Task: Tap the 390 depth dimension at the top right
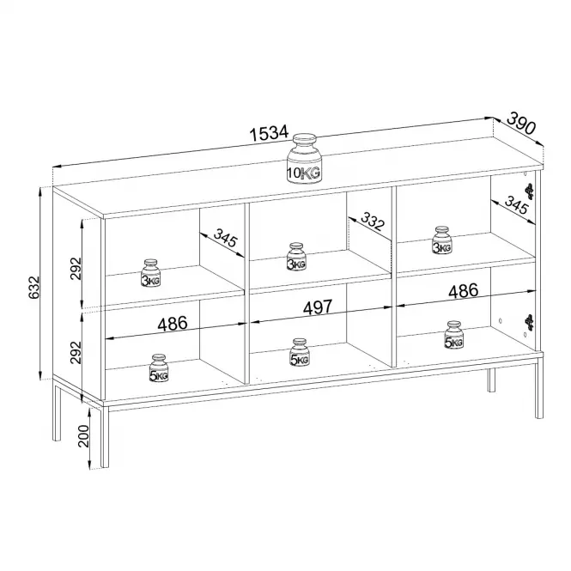(521, 123)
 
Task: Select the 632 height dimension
(33, 288)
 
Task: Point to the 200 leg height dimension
(83, 436)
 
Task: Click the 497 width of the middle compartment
(318, 307)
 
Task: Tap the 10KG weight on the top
(305, 157)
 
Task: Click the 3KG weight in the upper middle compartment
(296, 257)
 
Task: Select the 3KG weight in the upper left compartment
(151, 273)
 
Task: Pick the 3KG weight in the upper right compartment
(442, 240)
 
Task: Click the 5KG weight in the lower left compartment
(159, 368)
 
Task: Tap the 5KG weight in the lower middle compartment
(300, 352)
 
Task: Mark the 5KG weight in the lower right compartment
(453, 335)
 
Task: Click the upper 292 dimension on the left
(76, 269)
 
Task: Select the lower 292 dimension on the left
(76, 353)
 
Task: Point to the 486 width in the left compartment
(173, 324)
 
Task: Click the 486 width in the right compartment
(463, 290)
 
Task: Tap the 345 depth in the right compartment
(516, 205)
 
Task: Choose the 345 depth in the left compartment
(225, 238)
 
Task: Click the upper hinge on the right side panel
(530, 191)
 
